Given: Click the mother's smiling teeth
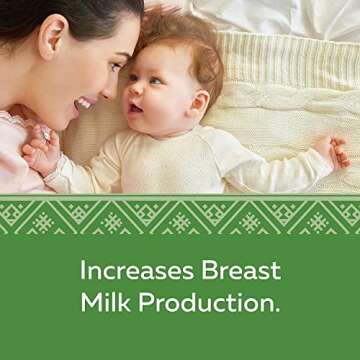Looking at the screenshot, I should (84, 103).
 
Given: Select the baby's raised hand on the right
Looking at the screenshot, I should (337, 151).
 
